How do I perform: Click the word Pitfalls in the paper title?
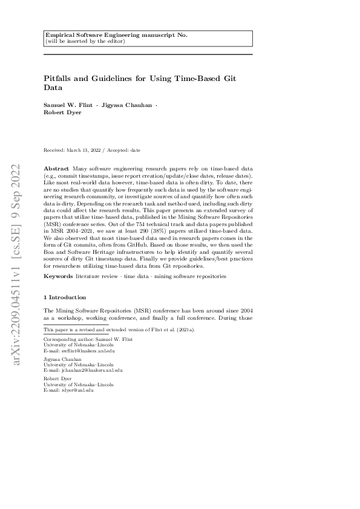[x=58, y=78]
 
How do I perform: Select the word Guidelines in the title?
[x=113, y=78]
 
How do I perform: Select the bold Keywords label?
[x=59, y=276]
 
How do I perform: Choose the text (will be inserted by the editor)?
[x=85, y=41]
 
